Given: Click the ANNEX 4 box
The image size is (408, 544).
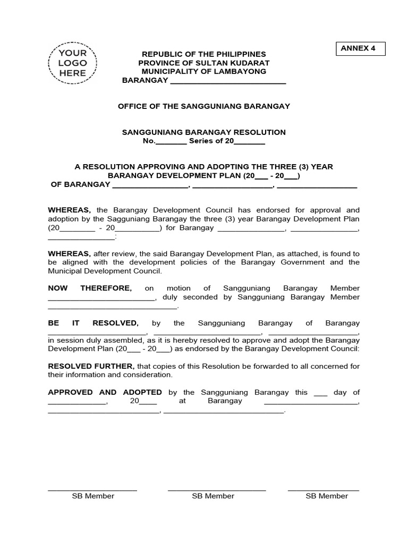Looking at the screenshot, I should click(360, 48).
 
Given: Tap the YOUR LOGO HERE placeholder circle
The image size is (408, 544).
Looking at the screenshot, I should click(72, 63).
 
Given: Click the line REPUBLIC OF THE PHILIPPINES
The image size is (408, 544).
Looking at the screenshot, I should click(203, 55).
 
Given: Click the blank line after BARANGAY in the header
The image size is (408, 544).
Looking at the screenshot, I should click(227, 81).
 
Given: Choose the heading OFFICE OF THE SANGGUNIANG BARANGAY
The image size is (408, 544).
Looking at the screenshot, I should click(204, 106).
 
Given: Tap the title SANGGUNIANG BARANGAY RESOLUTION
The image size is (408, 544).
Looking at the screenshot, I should click(204, 132).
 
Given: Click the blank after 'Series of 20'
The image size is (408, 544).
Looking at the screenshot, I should click(249, 142).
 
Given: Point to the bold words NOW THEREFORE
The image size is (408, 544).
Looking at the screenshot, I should click(90, 288).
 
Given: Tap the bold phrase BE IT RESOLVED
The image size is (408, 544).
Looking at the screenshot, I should click(93, 323).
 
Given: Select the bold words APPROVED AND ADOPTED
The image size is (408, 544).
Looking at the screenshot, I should click(105, 392).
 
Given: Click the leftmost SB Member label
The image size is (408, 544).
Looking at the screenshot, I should click(93, 496).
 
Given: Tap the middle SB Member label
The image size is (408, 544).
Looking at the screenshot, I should click(213, 496).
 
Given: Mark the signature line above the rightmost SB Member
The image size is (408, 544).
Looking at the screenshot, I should click(323, 490).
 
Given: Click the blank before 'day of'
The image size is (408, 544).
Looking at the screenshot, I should click(320, 394).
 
